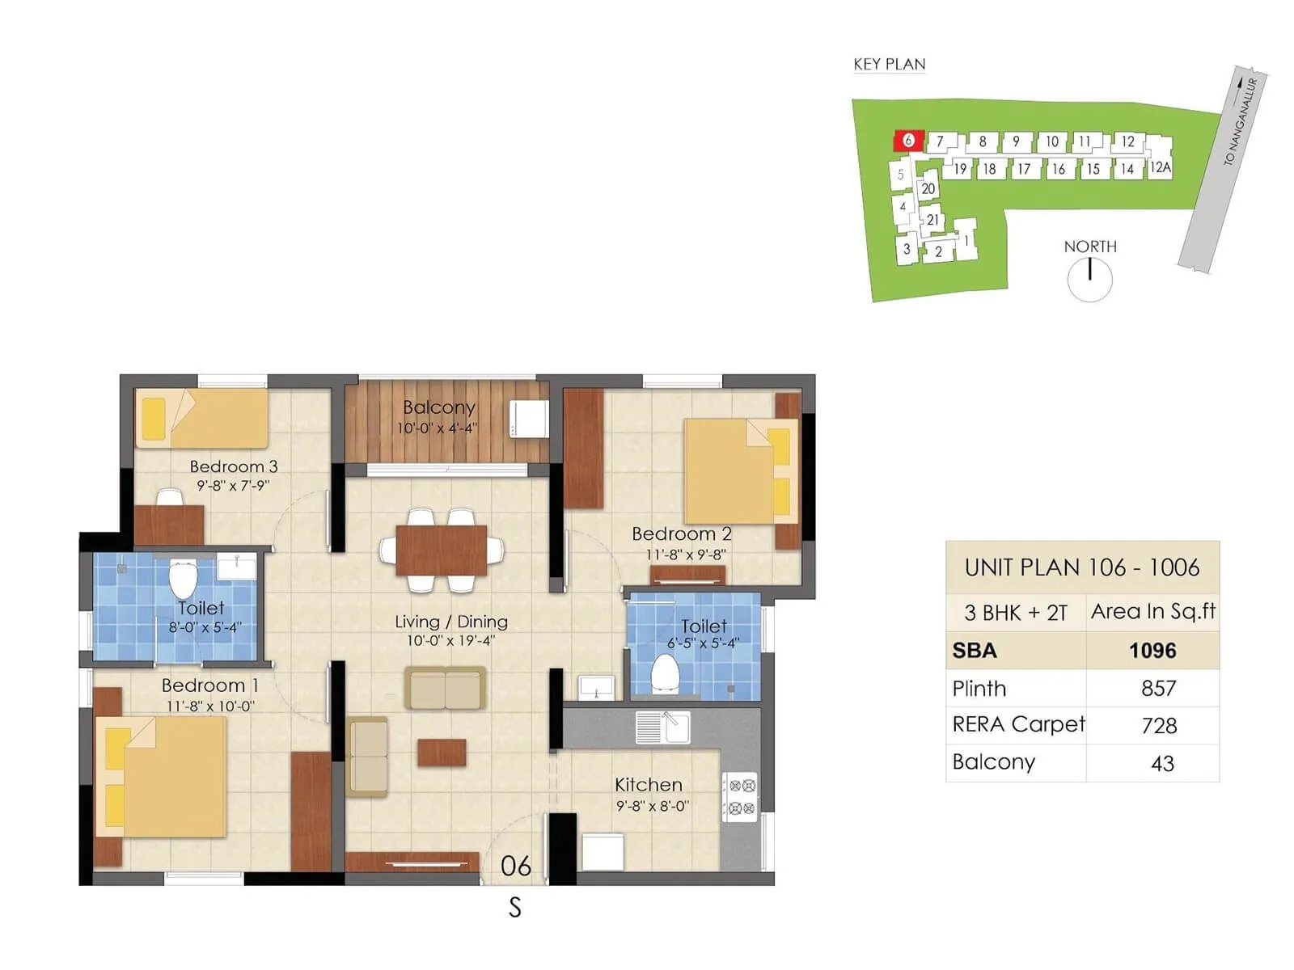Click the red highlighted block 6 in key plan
(908, 141)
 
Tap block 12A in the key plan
(1160, 167)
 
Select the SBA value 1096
(1152, 651)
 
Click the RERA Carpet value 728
(1158, 726)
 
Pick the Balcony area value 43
(1161, 763)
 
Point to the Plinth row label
(979, 689)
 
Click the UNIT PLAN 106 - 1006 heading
(1081, 567)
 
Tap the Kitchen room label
(649, 785)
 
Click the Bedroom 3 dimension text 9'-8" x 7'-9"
(232, 486)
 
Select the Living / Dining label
(451, 622)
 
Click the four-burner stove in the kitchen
(739, 796)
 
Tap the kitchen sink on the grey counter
(663, 727)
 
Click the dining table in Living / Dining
(442, 550)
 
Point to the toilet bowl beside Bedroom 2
(665, 674)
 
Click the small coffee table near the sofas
(442, 752)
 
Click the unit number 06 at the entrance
(515, 867)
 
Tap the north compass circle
(1089, 280)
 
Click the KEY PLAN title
(889, 65)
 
